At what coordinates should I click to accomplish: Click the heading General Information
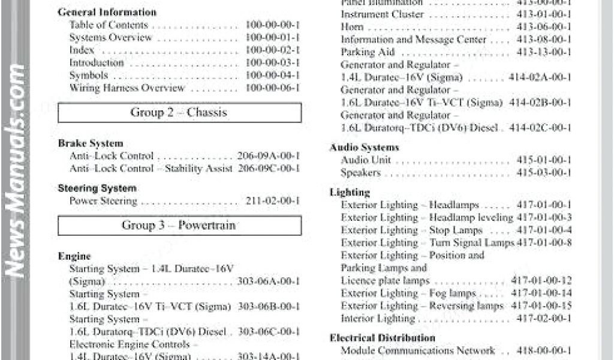107,12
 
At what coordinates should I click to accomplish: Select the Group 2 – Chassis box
179,112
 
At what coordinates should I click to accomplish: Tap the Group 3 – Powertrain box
179,226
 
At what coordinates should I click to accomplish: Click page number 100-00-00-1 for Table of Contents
272,25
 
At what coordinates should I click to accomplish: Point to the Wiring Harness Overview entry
127,88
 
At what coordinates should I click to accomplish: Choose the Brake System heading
91,143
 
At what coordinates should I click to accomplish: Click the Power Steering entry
103,201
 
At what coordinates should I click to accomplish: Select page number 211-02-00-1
272,201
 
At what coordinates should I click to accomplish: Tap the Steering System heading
97,188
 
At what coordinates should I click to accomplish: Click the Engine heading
74,256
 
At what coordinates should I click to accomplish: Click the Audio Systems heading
364,147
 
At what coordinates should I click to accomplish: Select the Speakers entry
360,173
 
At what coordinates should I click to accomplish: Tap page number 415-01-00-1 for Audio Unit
544,160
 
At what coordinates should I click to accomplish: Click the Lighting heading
350,193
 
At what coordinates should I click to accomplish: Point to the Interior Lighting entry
378,319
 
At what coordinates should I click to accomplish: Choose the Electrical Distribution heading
383,338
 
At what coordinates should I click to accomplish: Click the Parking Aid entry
368,52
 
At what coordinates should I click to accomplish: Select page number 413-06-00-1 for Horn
544,27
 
